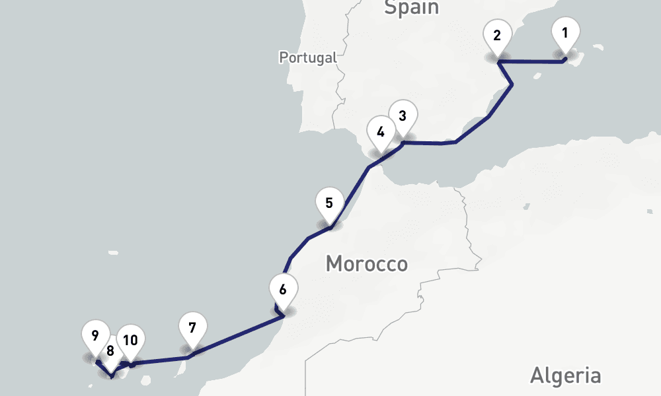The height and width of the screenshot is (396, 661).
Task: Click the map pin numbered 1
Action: (x=565, y=33)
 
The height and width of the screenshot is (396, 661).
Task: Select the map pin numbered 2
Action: (x=497, y=36)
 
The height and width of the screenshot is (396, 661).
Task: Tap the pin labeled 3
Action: (x=402, y=115)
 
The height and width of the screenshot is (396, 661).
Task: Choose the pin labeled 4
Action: (x=380, y=131)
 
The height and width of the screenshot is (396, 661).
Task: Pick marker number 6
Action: (x=283, y=289)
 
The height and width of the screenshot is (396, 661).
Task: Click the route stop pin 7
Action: (x=192, y=327)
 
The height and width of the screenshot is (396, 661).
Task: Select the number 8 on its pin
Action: (x=110, y=351)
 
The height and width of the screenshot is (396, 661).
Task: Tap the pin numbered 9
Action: (x=95, y=335)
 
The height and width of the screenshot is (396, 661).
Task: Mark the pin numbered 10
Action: (x=131, y=341)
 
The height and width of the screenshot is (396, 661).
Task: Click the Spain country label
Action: (x=411, y=7)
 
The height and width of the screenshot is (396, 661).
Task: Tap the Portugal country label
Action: (x=307, y=57)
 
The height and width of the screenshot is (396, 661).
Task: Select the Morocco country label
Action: (x=366, y=265)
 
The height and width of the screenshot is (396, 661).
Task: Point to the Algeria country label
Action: (x=565, y=376)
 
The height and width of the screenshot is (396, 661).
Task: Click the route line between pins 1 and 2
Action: (x=532, y=62)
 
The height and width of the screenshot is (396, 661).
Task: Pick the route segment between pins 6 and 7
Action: (x=238, y=337)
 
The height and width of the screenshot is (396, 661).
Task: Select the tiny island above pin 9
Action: (x=113, y=252)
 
